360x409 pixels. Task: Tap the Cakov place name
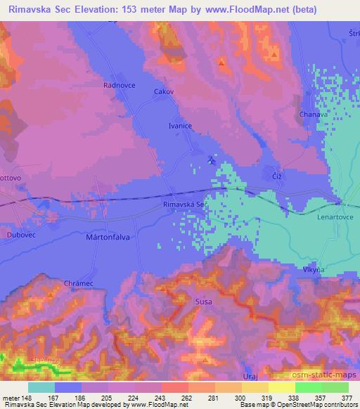coord(163,91)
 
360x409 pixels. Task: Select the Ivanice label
coord(181,126)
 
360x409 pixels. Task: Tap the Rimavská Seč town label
coord(184,204)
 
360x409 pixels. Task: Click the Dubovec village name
coord(20,235)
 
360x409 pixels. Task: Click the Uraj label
coord(258,379)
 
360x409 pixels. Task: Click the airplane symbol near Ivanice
coord(211,162)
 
